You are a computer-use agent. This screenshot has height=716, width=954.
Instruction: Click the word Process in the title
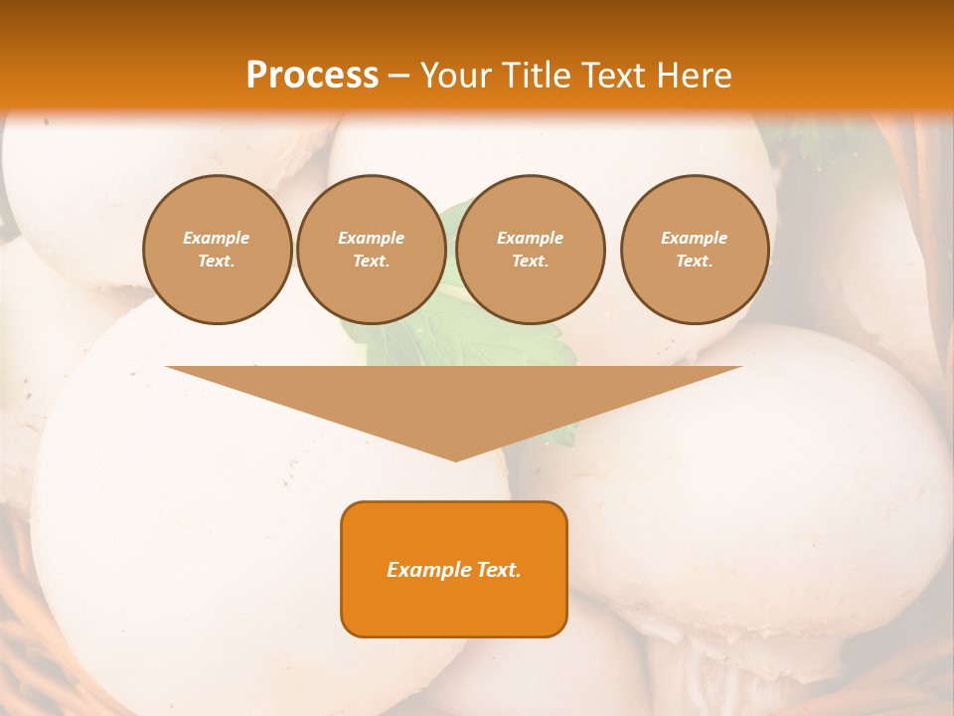point(312,75)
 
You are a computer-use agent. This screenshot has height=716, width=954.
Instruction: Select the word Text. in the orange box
point(498,570)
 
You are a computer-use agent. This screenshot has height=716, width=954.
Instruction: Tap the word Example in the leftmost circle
point(217,238)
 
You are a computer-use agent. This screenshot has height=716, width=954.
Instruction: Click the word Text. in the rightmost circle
point(695,261)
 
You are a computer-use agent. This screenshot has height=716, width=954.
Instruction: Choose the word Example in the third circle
point(530,238)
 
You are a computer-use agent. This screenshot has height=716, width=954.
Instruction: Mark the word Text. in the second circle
point(371,261)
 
